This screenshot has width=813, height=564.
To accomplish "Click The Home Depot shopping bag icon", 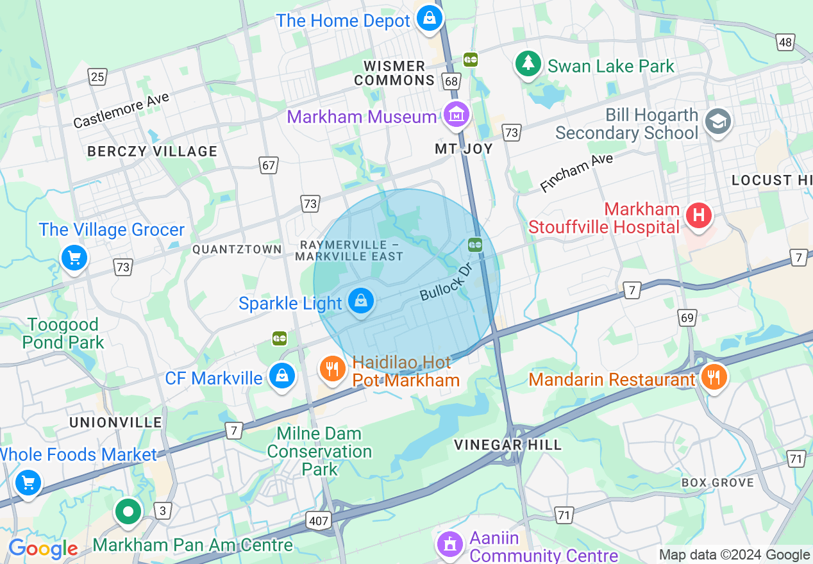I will pos(429,18).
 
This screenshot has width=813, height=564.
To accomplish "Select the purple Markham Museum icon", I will pos(457,115).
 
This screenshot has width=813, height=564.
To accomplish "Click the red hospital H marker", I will pos(699,215).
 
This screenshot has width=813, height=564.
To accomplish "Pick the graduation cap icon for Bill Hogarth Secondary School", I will pos(718,120).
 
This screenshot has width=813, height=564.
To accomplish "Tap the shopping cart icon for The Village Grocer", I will pos(74,258).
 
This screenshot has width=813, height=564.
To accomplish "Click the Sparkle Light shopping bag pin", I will pos(361,301).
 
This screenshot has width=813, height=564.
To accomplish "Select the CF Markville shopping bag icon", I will pos(281,376).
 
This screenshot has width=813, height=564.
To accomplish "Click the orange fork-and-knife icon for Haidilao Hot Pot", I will pos(332,369).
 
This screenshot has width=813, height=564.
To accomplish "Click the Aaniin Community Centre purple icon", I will pos(450,543).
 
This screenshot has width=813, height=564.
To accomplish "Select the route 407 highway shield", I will pos(319,521).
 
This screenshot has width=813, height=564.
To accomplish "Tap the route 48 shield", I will pos(785,42).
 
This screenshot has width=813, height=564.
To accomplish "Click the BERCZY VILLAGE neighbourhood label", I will pos(153,151).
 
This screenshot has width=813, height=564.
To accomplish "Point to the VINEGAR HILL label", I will pos(508,445).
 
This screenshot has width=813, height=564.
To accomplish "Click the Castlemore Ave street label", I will pos(121,110).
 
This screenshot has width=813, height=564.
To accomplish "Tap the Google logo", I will pos(43,549).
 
